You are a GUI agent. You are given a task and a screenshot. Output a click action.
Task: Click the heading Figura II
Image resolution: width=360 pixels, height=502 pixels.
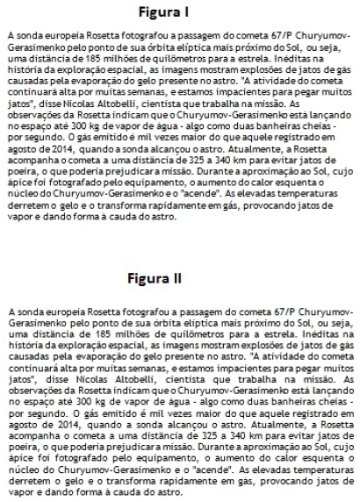[179, 278]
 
